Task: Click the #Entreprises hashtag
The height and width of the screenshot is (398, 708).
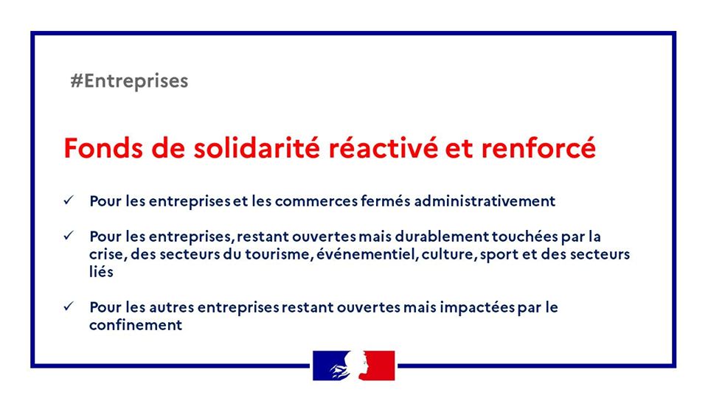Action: [129, 81]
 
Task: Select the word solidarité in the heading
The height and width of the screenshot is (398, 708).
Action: [257, 148]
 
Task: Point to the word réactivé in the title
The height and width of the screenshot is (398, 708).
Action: [383, 148]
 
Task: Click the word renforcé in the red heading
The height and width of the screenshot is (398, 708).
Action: [538, 148]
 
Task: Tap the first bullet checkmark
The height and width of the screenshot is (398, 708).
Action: [69, 200]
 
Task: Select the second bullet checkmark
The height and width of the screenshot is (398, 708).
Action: [69, 236]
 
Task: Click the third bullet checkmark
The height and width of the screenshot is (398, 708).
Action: [69, 307]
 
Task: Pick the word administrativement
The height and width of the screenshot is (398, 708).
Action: [485, 200]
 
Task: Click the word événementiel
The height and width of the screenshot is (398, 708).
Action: [368, 254]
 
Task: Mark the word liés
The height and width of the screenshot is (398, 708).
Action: [101, 272]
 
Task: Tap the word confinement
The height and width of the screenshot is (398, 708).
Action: [136, 325]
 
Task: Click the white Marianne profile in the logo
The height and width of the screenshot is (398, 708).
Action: [355, 366]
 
